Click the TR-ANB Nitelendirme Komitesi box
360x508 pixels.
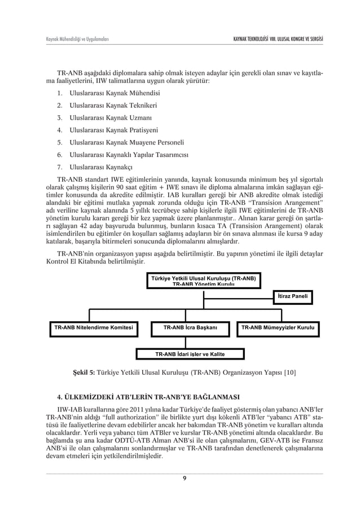93,327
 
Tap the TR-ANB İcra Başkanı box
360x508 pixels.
190,327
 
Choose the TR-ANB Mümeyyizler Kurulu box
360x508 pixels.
278,327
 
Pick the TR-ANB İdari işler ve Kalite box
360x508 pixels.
190,354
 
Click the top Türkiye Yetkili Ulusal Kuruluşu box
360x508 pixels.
203,281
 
